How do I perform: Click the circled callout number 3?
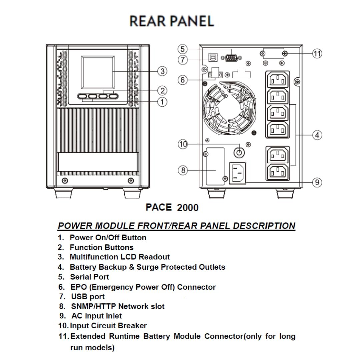[x=162, y=71]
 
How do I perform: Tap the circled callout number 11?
[x=317, y=53]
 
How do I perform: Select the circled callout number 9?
[x=317, y=182]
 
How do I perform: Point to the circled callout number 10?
[x=183, y=144]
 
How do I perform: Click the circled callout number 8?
[x=183, y=170]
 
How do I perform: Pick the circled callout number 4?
[x=317, y=135]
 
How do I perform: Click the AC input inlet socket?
[x=237, y=173]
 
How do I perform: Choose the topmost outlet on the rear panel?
[x=277, y=80]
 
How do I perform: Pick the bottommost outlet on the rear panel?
[x=277, y=172]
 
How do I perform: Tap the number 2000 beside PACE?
[x=188, y=208]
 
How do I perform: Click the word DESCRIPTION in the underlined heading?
[x=264, y=226]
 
